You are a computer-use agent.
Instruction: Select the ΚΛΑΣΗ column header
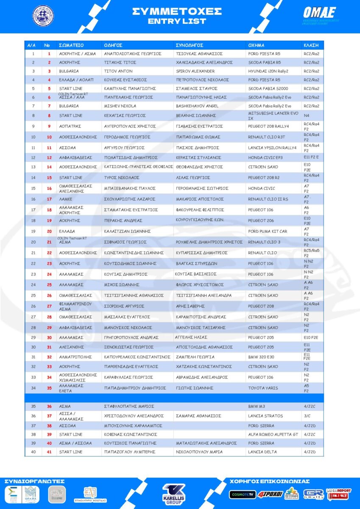(311, 45)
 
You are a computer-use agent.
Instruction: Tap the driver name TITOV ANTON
(118, 71)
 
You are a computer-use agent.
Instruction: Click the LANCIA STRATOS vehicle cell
(265, 416)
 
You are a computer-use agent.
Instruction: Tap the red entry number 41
(49, 452)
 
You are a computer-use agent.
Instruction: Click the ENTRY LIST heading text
(177, 21)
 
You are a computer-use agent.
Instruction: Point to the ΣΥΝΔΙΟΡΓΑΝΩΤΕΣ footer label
(34, 481)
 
